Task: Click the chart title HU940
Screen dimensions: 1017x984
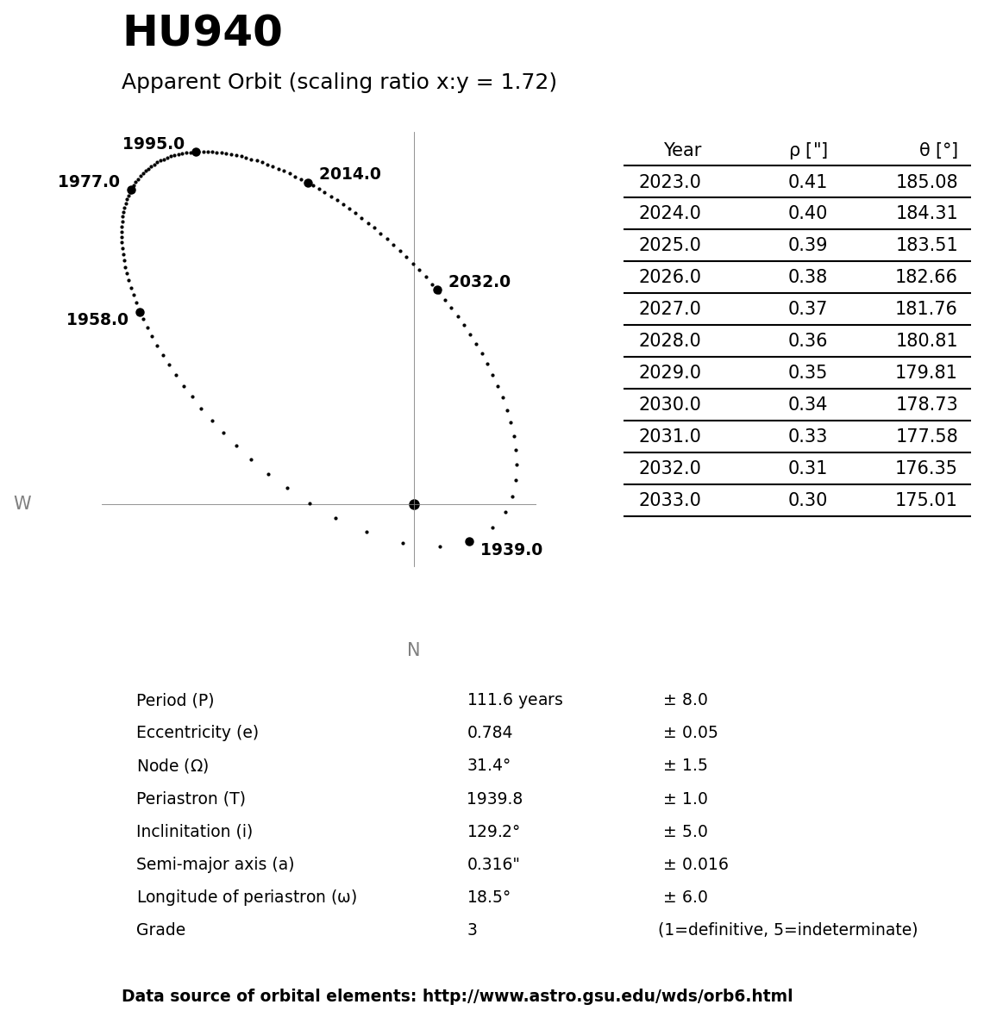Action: [x=202, y=34]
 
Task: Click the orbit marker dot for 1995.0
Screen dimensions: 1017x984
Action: [x=196, y=152]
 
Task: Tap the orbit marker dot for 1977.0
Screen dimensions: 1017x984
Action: [x=131, y=190]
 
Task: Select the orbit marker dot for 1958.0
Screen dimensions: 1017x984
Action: [x=140, y=312]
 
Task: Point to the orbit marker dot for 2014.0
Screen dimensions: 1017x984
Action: [x=308, y=183]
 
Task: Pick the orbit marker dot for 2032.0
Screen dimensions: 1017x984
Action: [x=437, y=290]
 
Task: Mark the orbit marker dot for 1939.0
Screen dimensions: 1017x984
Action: [x=469, y=541]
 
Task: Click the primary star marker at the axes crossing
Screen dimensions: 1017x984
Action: [x=414, y=504]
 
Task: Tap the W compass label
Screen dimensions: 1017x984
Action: [x=22, y=504]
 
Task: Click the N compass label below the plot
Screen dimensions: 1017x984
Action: [x=413, y=651]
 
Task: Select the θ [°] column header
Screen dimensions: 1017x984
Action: [x=937, y=151]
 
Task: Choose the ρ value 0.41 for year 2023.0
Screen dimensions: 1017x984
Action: [x=807, y=183]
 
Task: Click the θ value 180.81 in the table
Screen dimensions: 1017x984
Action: [x=926, y=341]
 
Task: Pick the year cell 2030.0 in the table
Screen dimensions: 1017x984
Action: [x=669, y=405]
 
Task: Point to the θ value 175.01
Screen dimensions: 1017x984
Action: [x=926, y=501]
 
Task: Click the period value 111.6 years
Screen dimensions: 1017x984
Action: [x=515, y=701]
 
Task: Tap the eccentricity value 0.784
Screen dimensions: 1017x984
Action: [x=490, y=733]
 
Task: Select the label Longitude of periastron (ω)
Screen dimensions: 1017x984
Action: [x=247, y=897]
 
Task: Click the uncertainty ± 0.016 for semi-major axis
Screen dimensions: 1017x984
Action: [x=695, y=864]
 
